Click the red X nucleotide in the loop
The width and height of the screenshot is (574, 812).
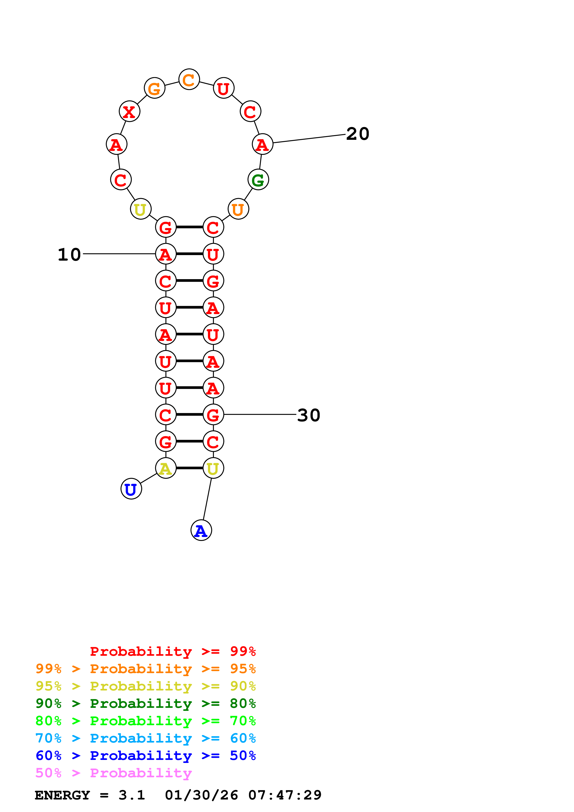click(x=129, y=111)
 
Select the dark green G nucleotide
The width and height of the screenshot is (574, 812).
click(x=258, y=180)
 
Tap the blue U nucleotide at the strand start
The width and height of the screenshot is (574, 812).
click(x=131, y=489)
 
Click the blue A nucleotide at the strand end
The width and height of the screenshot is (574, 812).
click(x=201, y=531)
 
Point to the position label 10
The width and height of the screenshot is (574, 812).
click(x=69, y=255)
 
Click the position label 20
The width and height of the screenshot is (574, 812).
click(x=358, y=134)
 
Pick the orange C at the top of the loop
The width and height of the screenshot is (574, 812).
click(x=189, y=80)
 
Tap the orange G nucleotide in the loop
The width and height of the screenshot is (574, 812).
click(x=154, y=88)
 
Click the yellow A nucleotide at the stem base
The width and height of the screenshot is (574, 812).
click(x=166, y=468)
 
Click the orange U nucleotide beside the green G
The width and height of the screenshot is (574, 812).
click(x=238, y=209)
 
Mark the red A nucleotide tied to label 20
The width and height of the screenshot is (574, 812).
click(x=262, y=144)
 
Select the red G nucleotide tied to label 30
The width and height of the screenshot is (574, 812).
click(x=213, y=415)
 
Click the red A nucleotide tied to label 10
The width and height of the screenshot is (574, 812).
click(x=166, y=254)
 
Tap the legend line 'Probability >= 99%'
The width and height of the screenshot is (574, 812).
click(x=173, y=651)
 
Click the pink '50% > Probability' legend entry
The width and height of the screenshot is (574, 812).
click(x=113, y=773)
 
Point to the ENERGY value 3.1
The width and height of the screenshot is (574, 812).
click(x=132, y=795)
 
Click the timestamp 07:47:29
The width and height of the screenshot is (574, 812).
click(x=285, y=795)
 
